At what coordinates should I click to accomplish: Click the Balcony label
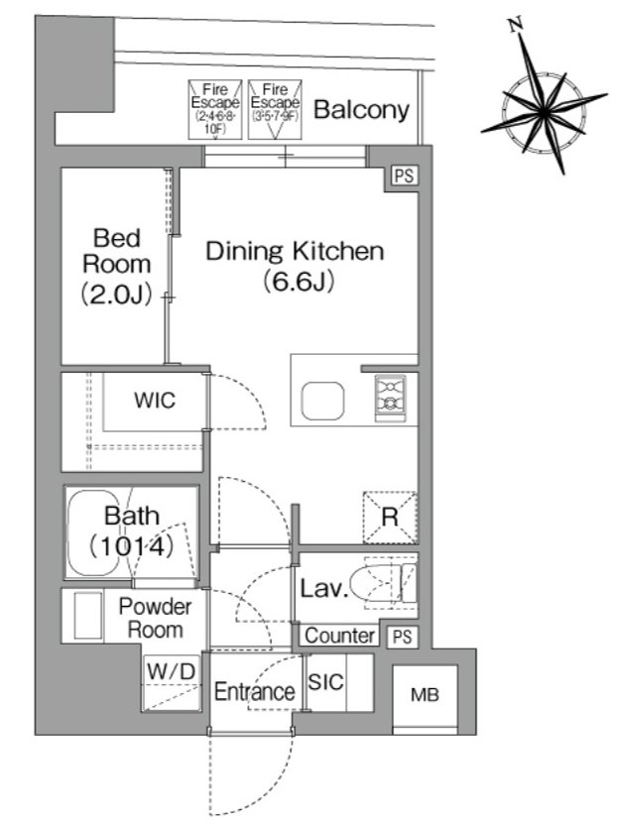(361, 110)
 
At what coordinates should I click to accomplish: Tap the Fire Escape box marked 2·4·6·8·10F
(215, 110)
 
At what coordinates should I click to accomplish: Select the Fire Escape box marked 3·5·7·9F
(275, 110)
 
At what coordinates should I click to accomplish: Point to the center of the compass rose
(544, 111)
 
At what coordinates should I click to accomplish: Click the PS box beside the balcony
(404, 176)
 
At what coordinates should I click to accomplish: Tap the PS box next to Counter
(403, 637)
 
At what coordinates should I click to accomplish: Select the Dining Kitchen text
(295, 251)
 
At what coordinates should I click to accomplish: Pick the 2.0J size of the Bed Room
(116, 294)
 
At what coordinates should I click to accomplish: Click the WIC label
(154, 401)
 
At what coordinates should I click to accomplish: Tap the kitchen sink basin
(322, 401)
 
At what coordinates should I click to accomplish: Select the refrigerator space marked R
(390, 518)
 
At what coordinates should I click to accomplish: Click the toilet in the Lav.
(383, 583)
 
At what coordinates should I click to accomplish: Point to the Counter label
(339, 636)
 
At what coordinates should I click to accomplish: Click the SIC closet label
(325, 682)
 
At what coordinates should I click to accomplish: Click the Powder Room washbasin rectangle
(88, 616)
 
